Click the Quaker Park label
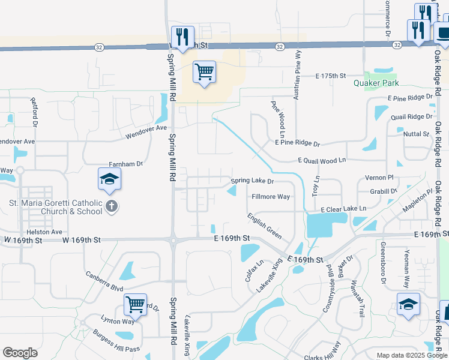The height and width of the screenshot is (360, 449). click(x=376, y=83)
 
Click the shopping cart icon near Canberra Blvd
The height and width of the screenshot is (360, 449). click(x=136, y=304)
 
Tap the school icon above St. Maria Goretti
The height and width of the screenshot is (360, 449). click(x=110, y=178)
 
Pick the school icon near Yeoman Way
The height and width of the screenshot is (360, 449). click(x=408, y=304)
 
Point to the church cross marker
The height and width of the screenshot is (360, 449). click(x=112, y=207)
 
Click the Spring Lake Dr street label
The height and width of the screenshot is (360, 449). click(x=253, y=181)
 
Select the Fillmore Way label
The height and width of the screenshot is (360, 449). click(x=271, y=197)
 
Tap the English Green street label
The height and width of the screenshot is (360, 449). click(x=264, y=226)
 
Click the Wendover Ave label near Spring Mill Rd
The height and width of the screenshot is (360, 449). click(x=146, y=131)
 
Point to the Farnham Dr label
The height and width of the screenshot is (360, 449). click(x=125, y=164)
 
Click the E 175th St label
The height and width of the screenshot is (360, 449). click(x=332, y=76)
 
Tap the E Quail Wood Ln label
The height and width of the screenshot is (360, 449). click(x=322, y=160)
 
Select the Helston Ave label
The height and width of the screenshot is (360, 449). click(x=44, y=232)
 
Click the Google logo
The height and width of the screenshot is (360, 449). click(x=20, y=353)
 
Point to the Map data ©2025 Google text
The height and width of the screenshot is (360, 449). click(x=412, y=355)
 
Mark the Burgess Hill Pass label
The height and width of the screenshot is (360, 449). click(x=115, y=341)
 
